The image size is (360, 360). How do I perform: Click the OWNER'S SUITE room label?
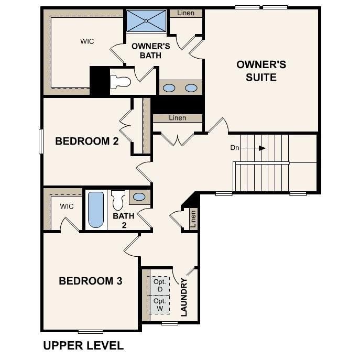(x=261, y=71)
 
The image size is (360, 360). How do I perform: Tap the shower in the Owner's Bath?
(x=146, y=21)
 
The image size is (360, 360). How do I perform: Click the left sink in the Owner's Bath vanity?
(x=169, y=88)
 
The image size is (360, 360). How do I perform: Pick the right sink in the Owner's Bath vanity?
(x=191, y=88)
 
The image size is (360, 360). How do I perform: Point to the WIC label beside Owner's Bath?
(x=87, y=41)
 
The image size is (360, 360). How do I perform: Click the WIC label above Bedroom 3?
(x=67, y=206)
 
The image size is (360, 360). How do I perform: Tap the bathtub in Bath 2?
(x=95, y=210)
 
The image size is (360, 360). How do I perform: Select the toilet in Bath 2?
(x=118, y=200)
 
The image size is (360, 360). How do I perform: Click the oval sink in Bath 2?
(x=139, y=197)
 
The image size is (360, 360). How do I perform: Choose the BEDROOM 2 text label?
(x=87, y=141)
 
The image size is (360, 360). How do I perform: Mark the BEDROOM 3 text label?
(x=90, y=281)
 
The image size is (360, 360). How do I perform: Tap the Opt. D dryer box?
(x=160, y=286)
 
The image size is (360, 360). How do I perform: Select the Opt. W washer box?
(x=160, y=305)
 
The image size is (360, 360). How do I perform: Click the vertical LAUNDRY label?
(x=184, y=297)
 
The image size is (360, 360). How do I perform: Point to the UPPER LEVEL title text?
(x=83, y=346)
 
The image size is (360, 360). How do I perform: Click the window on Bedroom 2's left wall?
(x=41, y=141)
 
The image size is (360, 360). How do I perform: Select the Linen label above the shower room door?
(x=187, y=13)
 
